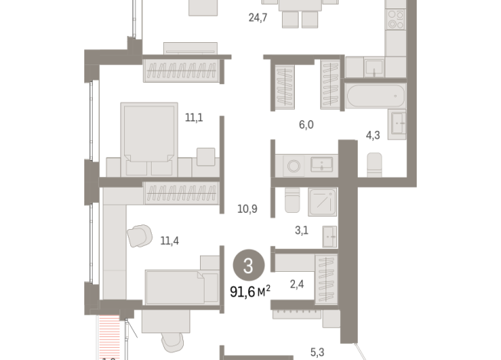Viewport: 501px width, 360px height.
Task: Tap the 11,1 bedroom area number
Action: (193, 117)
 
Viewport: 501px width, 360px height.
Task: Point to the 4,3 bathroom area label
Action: (373, 135)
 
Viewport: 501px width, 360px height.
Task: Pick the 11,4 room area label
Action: (170, 241)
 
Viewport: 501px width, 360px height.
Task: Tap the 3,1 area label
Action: (302, 229)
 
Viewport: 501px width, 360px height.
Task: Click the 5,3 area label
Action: (318, 352)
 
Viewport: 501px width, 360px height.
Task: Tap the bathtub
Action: (375, 97)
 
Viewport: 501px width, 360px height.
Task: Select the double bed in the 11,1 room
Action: (148, 136)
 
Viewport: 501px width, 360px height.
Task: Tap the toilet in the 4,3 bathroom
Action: (375, 164)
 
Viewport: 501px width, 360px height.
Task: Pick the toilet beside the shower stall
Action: (291, 201)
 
